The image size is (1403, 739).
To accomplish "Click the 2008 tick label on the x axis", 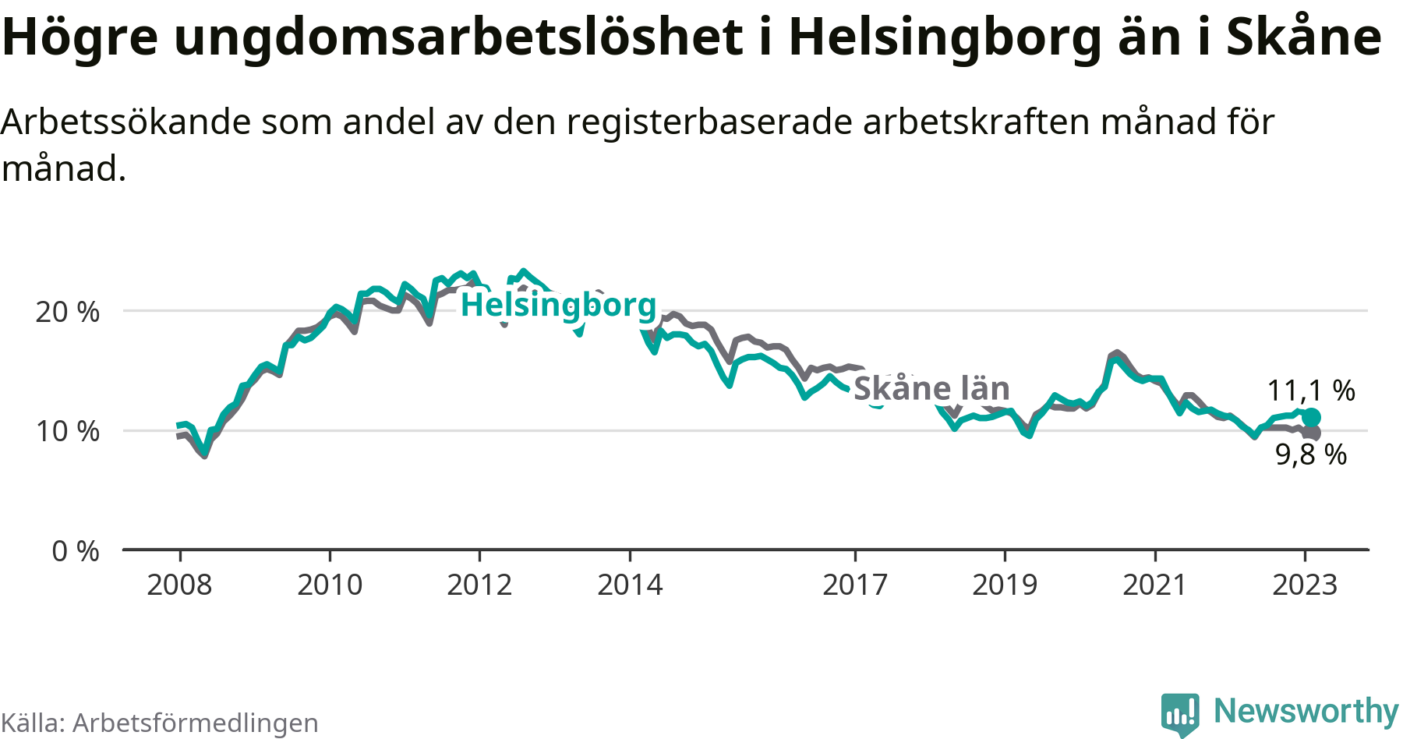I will click(179, 585).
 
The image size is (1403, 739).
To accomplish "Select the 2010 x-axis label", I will click(330, 585).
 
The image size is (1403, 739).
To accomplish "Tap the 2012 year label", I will click(479, 585).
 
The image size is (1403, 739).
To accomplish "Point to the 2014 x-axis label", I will click(630, 585).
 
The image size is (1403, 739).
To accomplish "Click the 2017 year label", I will click(855, 585).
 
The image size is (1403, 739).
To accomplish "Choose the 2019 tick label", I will click(1005, 585).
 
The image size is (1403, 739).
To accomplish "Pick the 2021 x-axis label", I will click(1154, 585).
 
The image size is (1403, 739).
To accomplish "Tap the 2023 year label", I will click(1305, 585).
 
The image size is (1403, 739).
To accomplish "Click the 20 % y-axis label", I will click(68, 312).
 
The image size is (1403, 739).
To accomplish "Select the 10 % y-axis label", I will click(68, 431).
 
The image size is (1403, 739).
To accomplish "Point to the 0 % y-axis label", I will click(76, 551).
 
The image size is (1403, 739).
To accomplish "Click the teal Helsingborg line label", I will click(559, 305).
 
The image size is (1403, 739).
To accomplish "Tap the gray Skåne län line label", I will click(931, 388).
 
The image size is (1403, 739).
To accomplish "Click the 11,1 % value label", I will click(1311, 391).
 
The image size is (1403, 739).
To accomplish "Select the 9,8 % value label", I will click(1311, 454).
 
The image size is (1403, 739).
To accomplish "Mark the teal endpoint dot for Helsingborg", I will click(1312, 417).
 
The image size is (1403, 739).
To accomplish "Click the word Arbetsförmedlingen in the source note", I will click(196, 723).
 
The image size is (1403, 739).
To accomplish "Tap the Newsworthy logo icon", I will click(1180, 713).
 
